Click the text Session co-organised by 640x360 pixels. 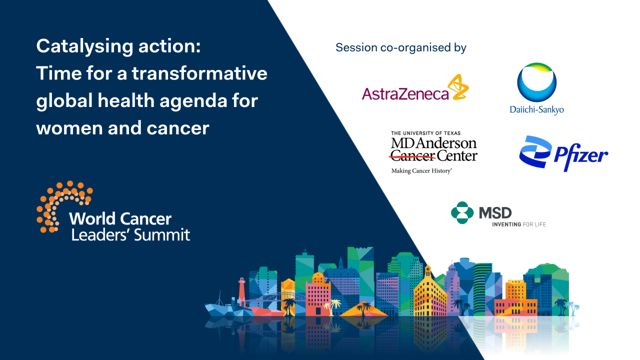pos(400,47)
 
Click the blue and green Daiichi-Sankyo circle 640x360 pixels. pos(536,82)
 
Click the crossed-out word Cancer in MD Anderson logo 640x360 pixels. pos(412,155)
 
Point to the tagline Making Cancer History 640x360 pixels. pos(421,171)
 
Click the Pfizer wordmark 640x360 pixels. pos(580,156)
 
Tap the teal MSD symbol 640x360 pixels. pos(461,212)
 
